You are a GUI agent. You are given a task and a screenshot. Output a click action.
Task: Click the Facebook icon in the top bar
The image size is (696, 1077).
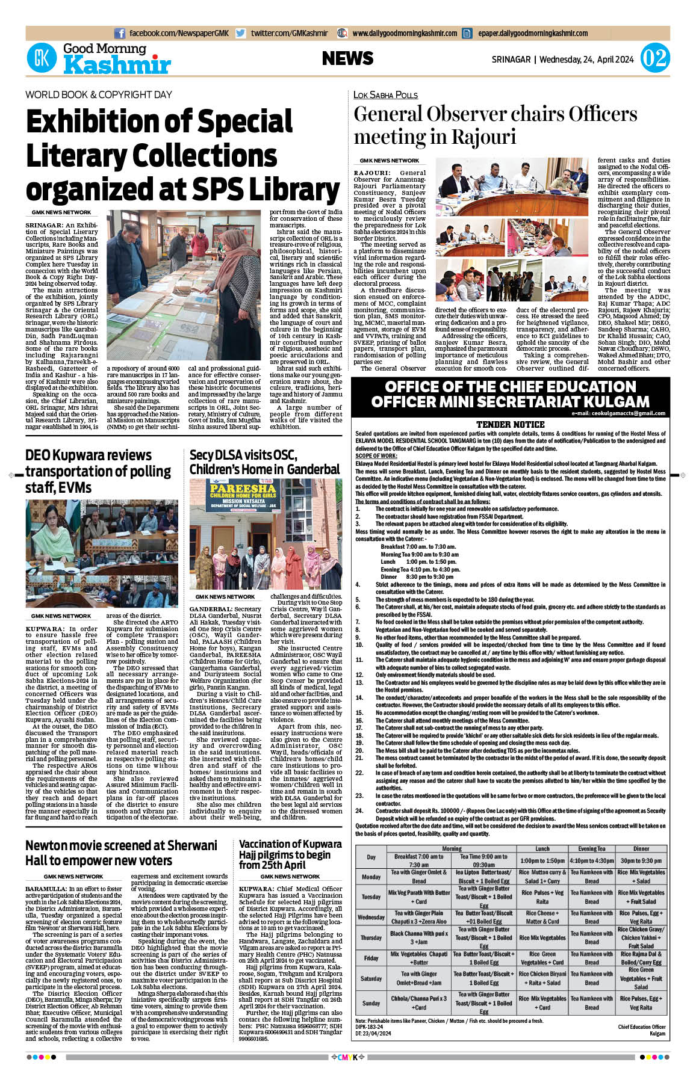tap(119, 34)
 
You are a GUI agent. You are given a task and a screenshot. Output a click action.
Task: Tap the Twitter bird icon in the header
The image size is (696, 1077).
tap(241, 34)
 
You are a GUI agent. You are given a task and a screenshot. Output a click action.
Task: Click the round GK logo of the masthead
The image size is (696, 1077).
tap(42, 58)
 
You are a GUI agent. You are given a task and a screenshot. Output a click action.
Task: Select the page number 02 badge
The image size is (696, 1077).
tap(654, 59)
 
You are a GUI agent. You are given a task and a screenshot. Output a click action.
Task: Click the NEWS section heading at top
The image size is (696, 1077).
tap(347, 58)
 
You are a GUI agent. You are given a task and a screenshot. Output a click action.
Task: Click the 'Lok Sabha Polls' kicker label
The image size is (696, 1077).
tap(385, 94)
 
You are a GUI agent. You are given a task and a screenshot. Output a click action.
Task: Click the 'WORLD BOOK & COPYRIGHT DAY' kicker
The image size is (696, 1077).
tap(99, 94)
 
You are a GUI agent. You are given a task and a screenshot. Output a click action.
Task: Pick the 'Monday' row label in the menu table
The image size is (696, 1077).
tap(371, 877)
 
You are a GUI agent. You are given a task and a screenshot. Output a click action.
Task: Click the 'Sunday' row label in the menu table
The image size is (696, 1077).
tap(371, 1003)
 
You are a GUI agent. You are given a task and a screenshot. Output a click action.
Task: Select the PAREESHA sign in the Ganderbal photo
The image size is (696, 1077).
tap(243, 492)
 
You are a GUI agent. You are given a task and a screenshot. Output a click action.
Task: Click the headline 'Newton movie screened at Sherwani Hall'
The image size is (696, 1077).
tap(120, 853)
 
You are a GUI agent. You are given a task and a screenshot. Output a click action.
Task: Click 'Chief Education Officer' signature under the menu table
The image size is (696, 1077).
tap(641, 1027)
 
